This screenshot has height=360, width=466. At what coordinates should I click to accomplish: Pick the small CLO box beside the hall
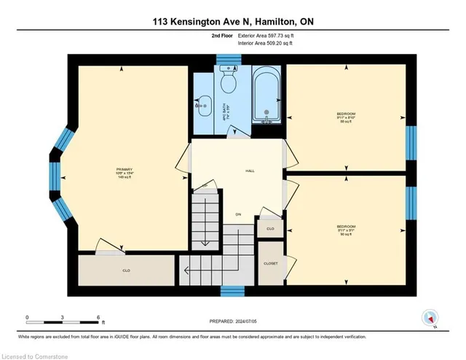coord(269,228)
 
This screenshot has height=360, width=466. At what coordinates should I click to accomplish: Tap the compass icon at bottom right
coord(430,317)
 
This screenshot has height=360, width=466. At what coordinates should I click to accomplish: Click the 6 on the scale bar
coord(98,318)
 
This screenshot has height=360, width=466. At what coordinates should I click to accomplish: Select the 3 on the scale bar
coord(63,318)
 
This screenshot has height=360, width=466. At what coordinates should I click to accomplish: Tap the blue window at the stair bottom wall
coord(232,291)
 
